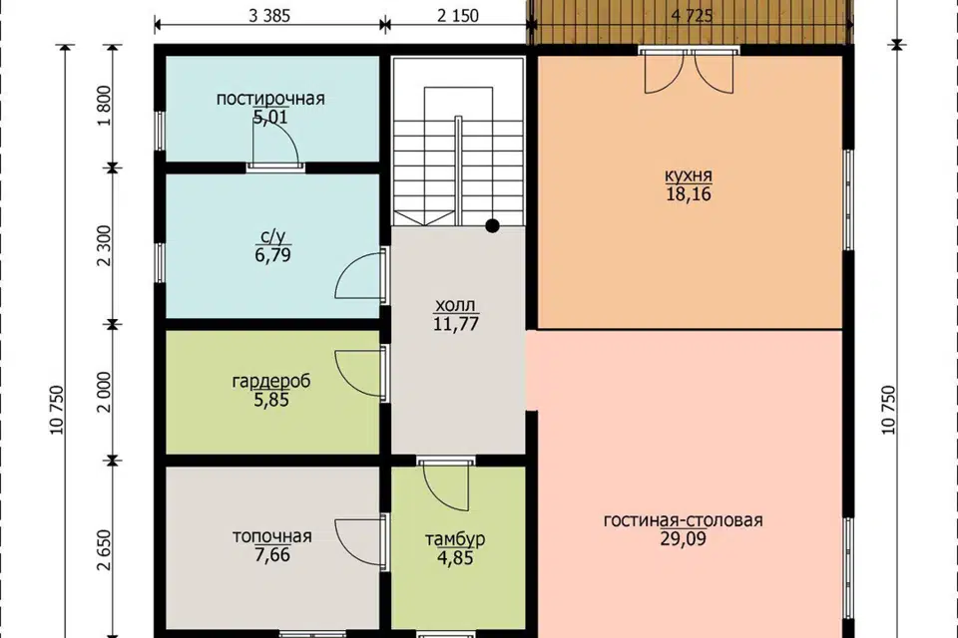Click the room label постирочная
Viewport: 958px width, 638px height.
[270, 99]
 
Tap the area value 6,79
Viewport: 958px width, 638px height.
[272, 255]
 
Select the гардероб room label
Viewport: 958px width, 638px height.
[271, 381]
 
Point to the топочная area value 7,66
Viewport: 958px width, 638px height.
[272, 555]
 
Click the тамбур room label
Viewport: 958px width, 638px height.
[455, 539]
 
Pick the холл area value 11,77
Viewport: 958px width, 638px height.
[456, 324]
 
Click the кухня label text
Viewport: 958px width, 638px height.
[689, 175]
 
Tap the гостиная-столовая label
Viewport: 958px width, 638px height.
[683, 520]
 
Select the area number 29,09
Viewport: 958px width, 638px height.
[683, 539]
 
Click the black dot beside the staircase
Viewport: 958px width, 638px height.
[492, 226]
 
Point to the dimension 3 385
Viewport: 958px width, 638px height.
[269, 16]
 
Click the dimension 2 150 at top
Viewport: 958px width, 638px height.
[458, 16]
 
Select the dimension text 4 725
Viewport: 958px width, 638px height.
[692, 16]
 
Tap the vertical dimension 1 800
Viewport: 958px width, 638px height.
[105, 106]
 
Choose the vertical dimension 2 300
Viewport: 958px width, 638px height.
[105, 245]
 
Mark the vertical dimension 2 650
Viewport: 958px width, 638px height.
[105, 550]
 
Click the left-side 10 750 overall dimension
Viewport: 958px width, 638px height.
[57, 411]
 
